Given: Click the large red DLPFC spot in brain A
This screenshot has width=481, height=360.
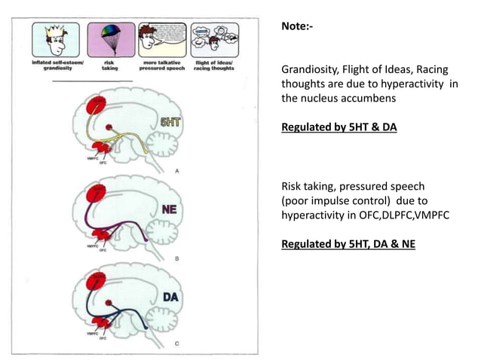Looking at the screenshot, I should pyautogui.click(x=99, y=105).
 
